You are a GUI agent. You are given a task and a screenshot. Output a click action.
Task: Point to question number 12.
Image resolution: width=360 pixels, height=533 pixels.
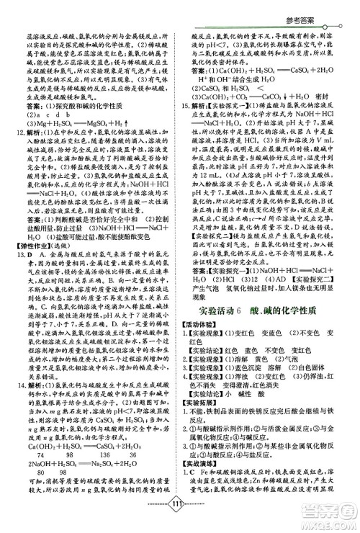coord(20,133)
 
